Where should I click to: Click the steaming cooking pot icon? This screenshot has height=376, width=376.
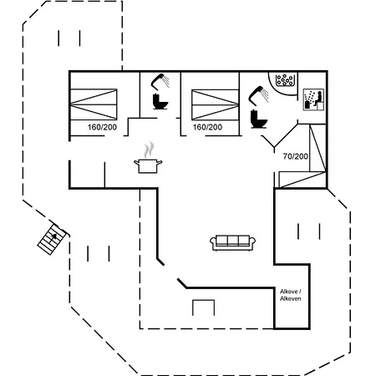point(148,158)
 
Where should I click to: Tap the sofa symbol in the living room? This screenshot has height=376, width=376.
point(233,243)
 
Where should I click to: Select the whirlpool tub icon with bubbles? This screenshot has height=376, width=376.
point(284,80)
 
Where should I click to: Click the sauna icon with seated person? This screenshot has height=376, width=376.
point(313,99)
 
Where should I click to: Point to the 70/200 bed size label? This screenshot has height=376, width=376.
point(296,156)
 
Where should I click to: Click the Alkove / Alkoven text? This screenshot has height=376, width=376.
point(291,295)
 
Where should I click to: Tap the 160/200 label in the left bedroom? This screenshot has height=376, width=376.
point(102,127)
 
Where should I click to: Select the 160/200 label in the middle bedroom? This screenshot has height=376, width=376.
point(207,127)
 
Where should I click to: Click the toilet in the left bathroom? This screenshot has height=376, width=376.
point(160,101)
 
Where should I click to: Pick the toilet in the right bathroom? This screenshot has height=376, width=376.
point(259,119)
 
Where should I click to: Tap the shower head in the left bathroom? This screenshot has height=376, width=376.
point(160,82)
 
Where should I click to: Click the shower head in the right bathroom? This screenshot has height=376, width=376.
point(258,95)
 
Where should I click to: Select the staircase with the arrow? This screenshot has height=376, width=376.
point(52,240)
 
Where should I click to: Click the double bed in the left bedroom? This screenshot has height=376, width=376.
point(94,104)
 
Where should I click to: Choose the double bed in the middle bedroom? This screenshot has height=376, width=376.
point(215,104)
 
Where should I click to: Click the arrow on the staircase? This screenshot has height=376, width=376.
point(54,236)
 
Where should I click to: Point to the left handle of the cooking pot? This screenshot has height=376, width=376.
point(136,162)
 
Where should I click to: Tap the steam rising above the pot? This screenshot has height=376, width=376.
point(149,150)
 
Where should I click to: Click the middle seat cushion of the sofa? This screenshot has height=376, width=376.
point(233,241)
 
